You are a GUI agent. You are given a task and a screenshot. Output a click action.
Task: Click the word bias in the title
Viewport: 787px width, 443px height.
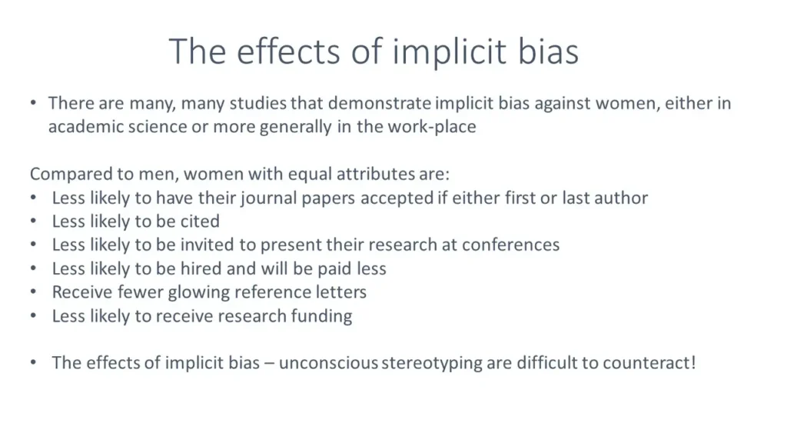pos(548,51)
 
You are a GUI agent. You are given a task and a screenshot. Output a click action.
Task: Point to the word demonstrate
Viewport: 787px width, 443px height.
pos(380,103)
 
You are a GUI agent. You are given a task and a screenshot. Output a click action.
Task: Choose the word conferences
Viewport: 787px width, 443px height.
pos(510,245)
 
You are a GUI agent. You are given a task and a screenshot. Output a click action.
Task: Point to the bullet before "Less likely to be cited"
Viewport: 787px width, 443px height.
pos(34,221)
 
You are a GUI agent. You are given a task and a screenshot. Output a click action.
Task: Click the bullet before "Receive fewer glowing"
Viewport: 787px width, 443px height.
pos(34,291)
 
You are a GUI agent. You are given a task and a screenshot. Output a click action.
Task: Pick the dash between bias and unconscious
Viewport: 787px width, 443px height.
pos(269,364)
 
